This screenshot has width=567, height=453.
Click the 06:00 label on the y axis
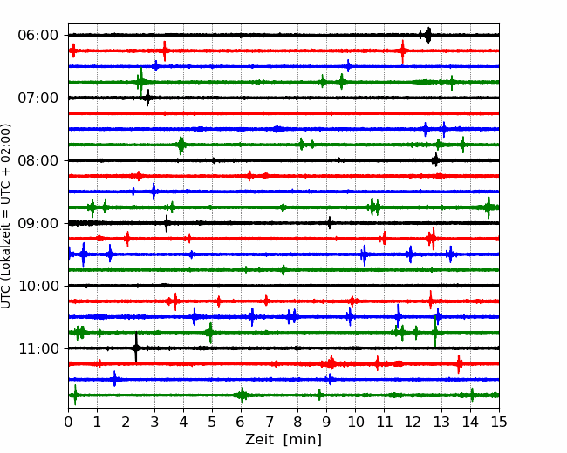click(38, 36)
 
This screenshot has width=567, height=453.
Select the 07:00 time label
click(38, 98)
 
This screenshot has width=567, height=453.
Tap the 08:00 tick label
click(38, 160)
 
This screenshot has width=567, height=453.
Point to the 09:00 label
click(38, 223)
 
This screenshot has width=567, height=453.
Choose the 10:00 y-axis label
click(38, 286)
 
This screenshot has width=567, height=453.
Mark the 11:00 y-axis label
click(38, 348)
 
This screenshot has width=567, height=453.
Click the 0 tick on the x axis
click(68, 422)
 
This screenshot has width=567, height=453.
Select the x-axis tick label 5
click(212, 422)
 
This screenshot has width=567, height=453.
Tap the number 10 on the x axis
click(355, 422)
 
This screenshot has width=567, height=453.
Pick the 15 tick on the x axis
click(499, 422)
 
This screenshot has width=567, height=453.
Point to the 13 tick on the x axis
click(441, 422)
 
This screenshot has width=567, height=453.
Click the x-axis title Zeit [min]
click(283, 440)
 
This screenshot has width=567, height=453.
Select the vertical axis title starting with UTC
click(6, 216)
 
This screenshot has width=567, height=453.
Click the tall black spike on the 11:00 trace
click(136, 348)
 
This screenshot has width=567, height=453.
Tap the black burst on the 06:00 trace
click(427, 35)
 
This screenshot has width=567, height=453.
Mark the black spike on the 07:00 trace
click(147, 98)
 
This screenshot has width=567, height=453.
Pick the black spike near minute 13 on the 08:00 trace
click(436, 159)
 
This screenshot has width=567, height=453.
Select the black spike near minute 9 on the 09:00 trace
click(330, 222)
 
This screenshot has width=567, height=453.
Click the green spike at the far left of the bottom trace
click(75, 395)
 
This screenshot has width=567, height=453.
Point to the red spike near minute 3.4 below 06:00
click(165, 51)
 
